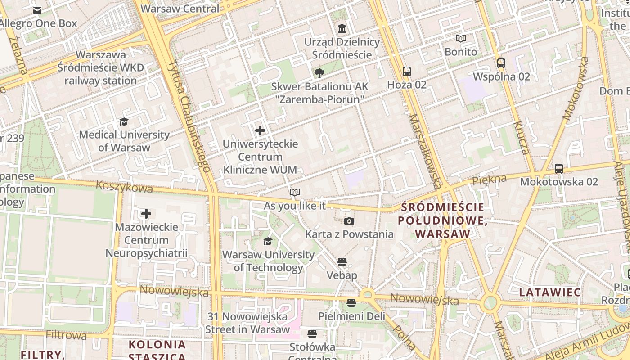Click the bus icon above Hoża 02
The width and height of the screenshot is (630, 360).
(x=407, y=71)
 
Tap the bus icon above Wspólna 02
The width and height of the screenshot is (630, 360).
(x=501, y=63)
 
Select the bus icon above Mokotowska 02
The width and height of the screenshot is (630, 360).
(x=559, y=169)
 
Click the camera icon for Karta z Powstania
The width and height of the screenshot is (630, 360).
(x=349, y=221)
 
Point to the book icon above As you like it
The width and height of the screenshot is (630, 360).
(x=295, y=193)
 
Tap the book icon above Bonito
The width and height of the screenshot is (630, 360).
(x=461, y=39)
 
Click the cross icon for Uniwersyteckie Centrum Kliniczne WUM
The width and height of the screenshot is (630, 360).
(x=260, y=130)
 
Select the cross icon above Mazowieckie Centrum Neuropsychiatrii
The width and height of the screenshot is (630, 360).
(x=146, y=214)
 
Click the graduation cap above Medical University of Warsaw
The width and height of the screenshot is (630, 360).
(x=124, y=121)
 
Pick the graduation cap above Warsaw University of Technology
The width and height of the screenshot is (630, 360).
(x=268, y=242)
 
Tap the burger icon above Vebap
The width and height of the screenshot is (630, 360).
(x=342, y=262)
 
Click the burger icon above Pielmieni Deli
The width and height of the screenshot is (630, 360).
(x=351, y=303)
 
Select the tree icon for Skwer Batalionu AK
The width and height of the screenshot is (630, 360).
(x=319, y=73)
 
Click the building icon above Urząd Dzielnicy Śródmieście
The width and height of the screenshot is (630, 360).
(x=342, y=29)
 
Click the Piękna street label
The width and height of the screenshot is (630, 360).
(x=489, y=180)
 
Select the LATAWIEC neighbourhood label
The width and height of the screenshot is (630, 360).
(x=550, y=292)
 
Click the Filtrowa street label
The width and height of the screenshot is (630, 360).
(x=66, y=335)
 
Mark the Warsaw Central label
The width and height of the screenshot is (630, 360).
(x=180, y=9)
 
